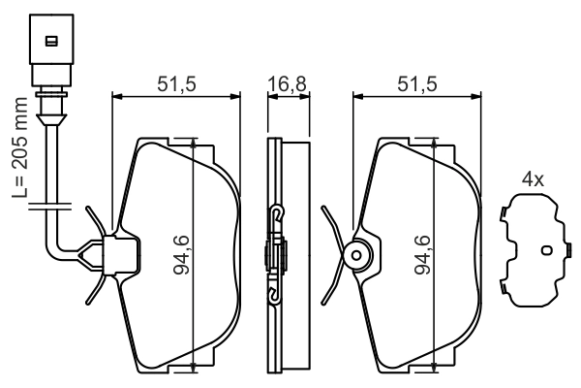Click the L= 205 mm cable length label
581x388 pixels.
[21, 146]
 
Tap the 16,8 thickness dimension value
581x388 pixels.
[287, 84]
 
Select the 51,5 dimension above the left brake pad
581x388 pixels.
[176, 84]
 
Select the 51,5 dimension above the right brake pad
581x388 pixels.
[417, 84]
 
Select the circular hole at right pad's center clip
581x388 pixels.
[356, 256]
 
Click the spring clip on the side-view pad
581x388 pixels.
[276, 254]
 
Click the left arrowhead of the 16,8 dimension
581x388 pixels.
[268, 96]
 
